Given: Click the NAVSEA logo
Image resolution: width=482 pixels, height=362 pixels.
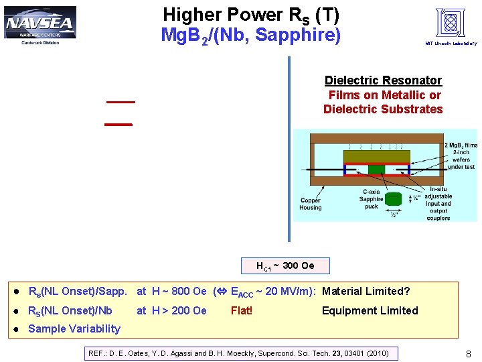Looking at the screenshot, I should point(40,25).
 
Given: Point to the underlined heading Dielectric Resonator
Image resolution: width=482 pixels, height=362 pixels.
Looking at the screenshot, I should point(383,80).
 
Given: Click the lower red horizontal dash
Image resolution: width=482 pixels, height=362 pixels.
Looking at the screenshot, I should point(119,125).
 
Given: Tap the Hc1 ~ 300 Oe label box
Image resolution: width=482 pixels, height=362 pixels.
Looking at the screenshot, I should point(285,266).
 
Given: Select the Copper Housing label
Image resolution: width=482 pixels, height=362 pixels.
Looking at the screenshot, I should point(310,204).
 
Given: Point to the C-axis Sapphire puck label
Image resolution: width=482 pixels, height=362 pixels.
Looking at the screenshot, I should point(371,199).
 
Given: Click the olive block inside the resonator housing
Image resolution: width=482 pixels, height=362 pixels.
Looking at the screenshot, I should point(377,156).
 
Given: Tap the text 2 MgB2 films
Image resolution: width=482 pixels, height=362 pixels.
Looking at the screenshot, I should point(461,145).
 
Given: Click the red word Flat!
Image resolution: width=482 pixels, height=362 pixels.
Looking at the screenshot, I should point(242,310).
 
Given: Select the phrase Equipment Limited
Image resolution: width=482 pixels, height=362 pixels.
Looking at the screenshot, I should point(370,310).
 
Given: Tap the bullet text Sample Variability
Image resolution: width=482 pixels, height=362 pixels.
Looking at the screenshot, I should point(74,328).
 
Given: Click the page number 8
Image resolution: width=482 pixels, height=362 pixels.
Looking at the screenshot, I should point(468,353).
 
